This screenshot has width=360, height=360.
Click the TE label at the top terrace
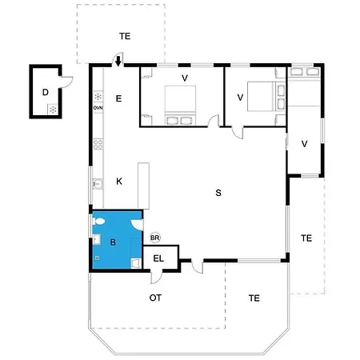[x=124, y=36]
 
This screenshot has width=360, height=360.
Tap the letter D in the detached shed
[x=46, y=92]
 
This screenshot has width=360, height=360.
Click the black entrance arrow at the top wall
[x=118, y=61]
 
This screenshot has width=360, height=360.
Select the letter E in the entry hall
[x=118, y=98]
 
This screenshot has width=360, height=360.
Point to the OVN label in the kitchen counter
[x=98, y=107]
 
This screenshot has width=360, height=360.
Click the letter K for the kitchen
[x=118, y=181]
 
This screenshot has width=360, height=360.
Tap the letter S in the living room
[x=218, y=193]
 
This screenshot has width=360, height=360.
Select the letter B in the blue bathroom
[x=113, y=241]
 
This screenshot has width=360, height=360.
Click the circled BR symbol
[x=155, y=238]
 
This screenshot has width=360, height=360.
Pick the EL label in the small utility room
[x=158, y=258]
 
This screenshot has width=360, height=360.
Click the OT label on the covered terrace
[x=156, y=298]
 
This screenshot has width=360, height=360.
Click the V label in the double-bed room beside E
[x=184, y=78]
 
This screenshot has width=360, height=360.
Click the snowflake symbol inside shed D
[x=52, y=108]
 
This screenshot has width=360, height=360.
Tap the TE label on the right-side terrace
[x=306, y=238]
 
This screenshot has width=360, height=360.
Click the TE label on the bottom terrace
[x=254, y=298]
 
